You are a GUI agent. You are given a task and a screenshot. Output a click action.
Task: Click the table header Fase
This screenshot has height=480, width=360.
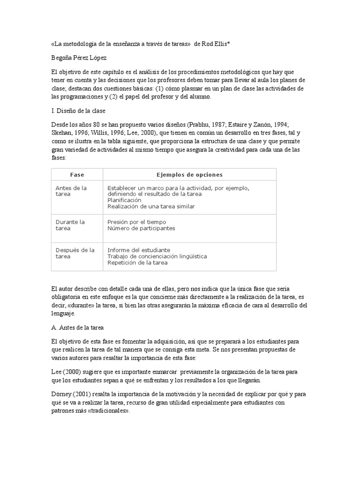tap(77, 175)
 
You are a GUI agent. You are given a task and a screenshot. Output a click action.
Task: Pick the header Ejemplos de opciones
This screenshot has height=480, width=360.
tap(189, 175)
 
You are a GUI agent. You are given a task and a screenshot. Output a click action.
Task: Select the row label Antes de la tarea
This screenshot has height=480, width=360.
tap(71, 191)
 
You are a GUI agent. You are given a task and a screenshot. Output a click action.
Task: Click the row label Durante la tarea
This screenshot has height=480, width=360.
tap(70, 225)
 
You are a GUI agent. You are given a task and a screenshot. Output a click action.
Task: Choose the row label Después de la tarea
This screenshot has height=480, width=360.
tap(75, 253)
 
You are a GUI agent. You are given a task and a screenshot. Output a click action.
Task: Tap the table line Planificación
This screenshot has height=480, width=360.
tap(124, 200)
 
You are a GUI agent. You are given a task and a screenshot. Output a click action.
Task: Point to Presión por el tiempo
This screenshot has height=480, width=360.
tap(136, 222)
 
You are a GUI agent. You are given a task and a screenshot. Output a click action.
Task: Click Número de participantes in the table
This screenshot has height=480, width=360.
tap(141, 228)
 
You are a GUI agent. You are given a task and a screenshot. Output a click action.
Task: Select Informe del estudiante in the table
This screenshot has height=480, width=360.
tap(139, 250)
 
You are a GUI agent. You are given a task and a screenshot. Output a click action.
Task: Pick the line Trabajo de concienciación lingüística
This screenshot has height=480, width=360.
tap(157, 256)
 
